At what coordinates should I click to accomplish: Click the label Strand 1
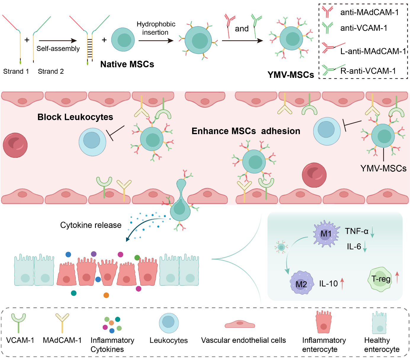tap(16, 71)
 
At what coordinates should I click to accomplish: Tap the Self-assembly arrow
tap(58, 41)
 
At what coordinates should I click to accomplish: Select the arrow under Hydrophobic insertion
tap(156, 41)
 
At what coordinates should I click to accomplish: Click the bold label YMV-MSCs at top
tap(290, 75)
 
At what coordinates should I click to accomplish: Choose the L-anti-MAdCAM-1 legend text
tap(373, 51)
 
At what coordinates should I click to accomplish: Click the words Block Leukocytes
tap(75, 117)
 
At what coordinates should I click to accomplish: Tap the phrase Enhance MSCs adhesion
tap(246, 131)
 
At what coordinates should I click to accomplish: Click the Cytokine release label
tap(91, 225)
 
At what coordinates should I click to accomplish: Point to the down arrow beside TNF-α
tap(372, 232)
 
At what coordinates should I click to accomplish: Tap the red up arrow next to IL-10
tap(342, 283)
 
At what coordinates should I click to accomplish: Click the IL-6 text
tap(354, 246)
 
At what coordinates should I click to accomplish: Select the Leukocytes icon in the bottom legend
tap(169, 323)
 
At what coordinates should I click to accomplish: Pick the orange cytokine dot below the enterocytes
tap(106, 295)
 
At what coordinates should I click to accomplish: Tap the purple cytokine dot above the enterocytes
tap(94, 254)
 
